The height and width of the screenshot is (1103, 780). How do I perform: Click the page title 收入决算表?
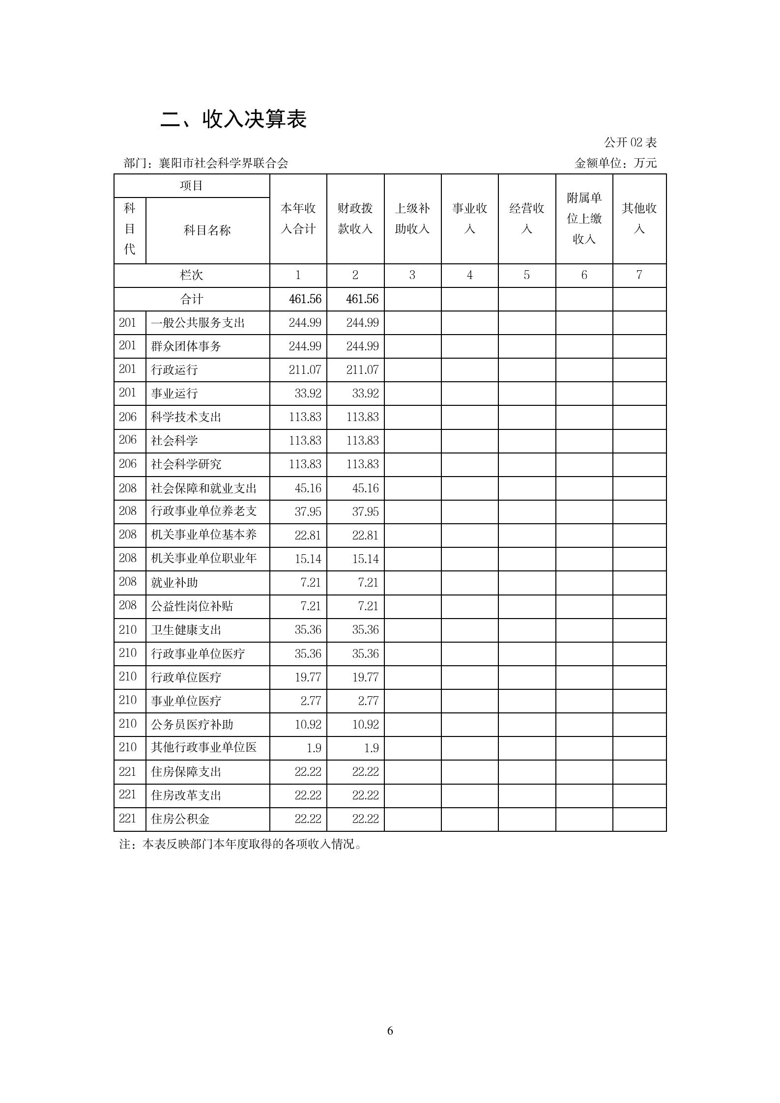234,119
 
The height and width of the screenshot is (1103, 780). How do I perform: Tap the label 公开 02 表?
630,142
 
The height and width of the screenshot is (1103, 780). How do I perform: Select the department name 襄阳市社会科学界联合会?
223,163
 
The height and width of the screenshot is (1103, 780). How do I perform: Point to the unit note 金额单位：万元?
615,163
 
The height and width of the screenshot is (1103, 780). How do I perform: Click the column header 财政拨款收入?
355,219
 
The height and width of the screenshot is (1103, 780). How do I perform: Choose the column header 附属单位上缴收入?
584,219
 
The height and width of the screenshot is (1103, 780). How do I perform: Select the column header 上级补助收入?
412,219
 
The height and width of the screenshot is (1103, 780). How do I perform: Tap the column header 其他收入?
639,219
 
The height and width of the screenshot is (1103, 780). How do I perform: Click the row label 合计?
191,299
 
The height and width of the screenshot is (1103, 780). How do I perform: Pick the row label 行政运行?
174,370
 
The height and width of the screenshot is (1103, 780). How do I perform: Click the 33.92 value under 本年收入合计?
308,394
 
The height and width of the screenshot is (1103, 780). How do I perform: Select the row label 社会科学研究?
186,464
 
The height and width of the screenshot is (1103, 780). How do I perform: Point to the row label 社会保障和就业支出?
204,488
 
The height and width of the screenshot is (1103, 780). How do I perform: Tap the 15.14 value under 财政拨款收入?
365,559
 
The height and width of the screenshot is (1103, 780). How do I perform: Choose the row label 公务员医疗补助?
192,725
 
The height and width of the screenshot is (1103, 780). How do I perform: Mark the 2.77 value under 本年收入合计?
311,701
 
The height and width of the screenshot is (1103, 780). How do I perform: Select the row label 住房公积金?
180,819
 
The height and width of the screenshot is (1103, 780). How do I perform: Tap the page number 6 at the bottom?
390,1030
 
